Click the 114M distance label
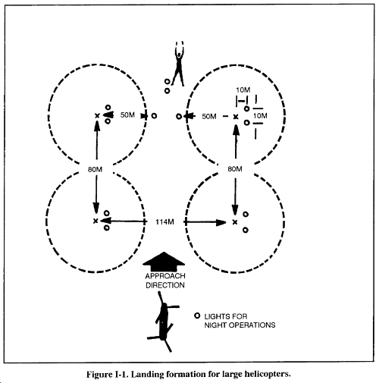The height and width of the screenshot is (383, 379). (x=164, y=222)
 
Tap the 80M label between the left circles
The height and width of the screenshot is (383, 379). (x=95, y=169)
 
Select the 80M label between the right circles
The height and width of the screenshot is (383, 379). (x=235, y=169)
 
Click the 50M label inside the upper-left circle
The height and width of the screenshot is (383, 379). (x=127, y=115)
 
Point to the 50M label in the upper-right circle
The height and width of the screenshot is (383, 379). (x=209, y=116)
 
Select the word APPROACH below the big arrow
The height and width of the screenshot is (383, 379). (x=165, y=276)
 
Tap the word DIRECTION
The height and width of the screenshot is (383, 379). (x=165, y=285)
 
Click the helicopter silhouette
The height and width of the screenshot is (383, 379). (x=164, y=322)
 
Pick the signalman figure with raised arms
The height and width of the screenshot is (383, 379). (x=179, y=66)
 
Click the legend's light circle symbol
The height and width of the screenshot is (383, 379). (x=197, y=316)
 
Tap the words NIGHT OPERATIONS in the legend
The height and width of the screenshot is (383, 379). (x=240, y=325)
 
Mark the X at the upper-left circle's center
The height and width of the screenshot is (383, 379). (x=97, y=116)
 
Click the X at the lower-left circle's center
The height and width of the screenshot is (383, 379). (x=96, y=221)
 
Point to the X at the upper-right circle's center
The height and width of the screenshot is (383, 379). (x=236, y=117)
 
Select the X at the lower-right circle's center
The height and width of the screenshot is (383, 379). (x=235, y=222)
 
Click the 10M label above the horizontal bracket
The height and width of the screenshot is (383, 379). (x=243, y=90)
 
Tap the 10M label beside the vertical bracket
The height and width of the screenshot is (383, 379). (x=260, y=116)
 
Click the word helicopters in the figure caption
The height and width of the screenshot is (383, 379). (x=270, y=374)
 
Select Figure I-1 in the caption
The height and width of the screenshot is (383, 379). (x=108, y=374)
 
